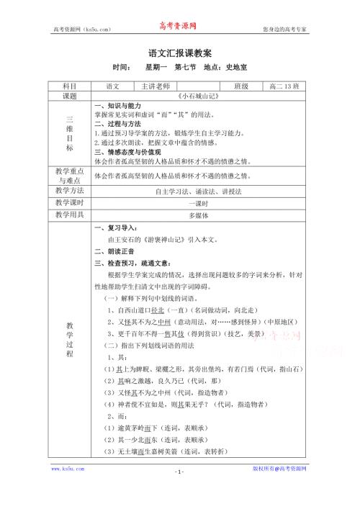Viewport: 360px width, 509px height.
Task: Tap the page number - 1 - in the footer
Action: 179,492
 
